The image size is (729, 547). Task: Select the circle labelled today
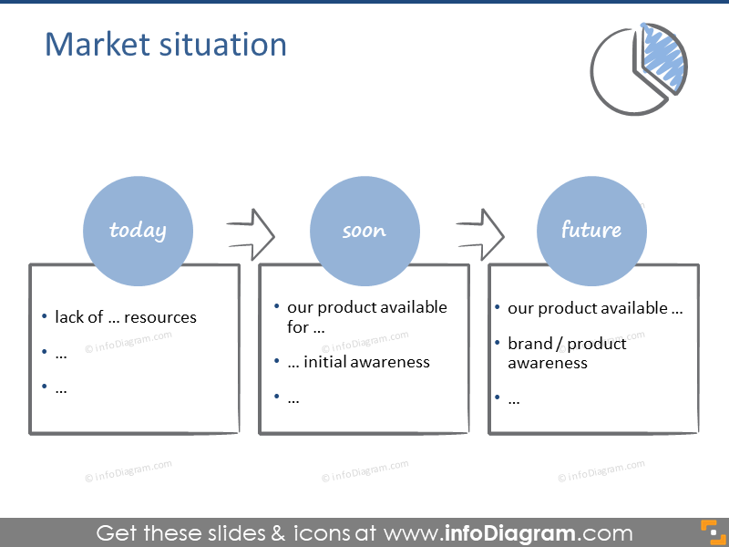(x=138, y=231)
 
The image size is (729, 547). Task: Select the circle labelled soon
(x=364, y=231)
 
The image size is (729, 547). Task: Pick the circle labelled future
(x=591, y=231)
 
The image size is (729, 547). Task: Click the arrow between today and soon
(x=251, y=233)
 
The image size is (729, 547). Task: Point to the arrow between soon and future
(x=479, y=233)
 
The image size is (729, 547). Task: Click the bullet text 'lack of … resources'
(x=126, y=317)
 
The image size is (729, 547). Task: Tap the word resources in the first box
(x=160, y=317)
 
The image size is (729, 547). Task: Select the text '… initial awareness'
(x=358, y=362)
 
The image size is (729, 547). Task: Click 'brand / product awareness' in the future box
(x=567, y=353)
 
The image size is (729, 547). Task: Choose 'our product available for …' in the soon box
(x=366, y=316)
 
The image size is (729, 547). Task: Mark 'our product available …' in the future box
(x=595, y=308)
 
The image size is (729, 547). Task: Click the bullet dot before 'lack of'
(x=45, y=317)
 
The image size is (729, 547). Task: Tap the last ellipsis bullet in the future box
(x=514, y=398)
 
